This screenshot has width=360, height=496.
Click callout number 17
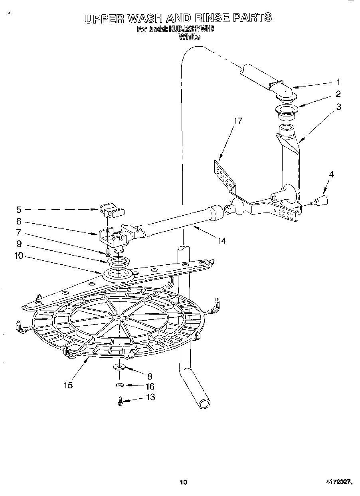(x=238, y=121)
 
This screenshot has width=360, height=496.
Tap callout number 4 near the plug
(x=332, y=174)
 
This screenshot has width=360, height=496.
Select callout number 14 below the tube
(x=222, y=240)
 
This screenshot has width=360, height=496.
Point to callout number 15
(x=69, y=385)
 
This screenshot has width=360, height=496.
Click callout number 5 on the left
(x=19, y=209)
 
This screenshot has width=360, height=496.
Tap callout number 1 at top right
(x=338, y=82)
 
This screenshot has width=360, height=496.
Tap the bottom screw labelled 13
(x=120, y=402)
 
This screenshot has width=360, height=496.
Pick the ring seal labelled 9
(x=119, y=262)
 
